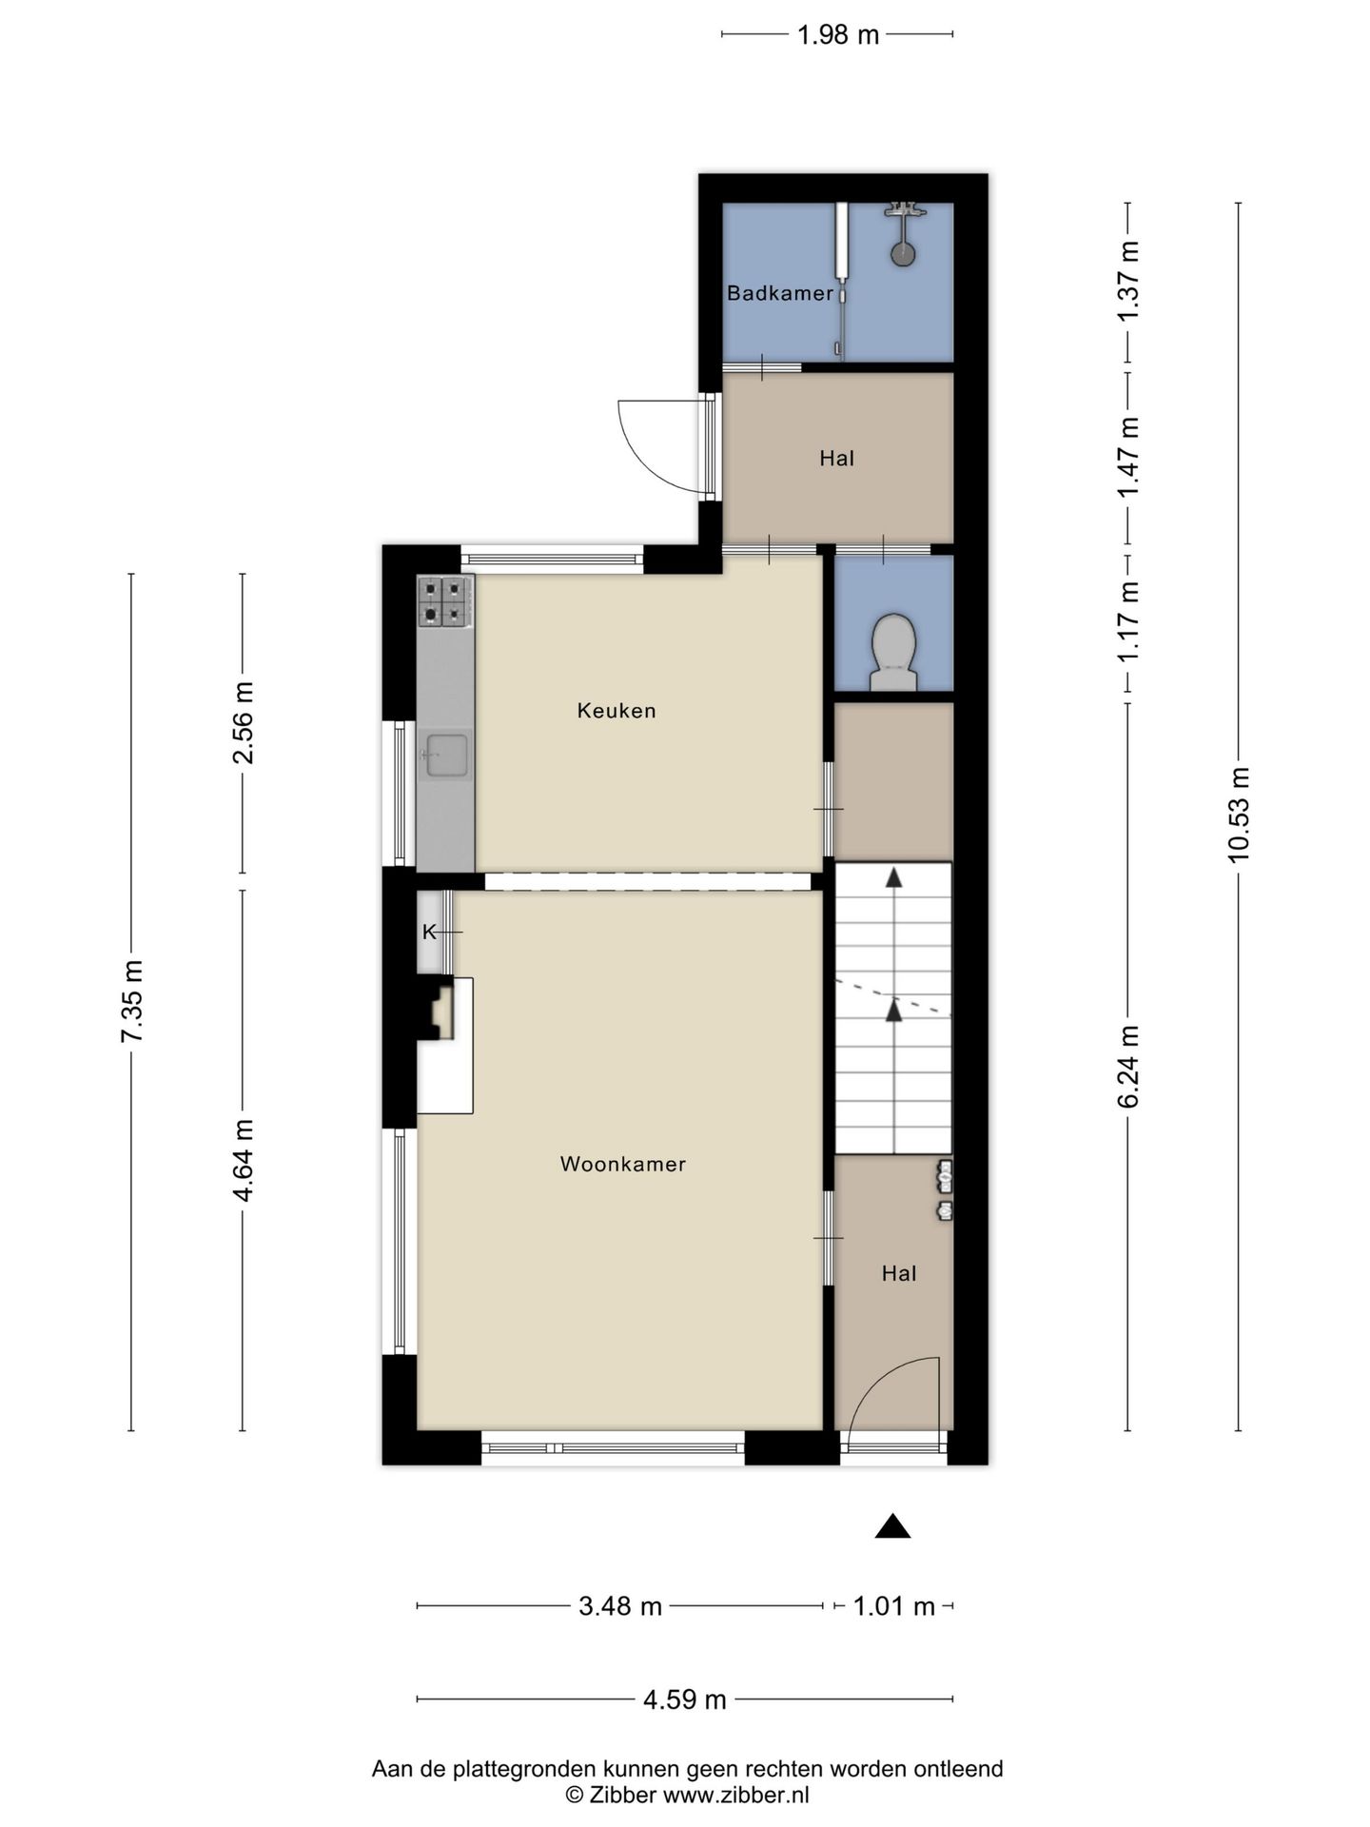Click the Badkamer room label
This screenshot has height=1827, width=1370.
779,293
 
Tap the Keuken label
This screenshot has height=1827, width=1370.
616,711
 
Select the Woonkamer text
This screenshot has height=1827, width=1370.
623,1164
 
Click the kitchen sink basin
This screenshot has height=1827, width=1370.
445,756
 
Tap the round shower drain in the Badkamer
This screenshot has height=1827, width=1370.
903,254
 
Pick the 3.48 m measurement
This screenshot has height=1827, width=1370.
620,1606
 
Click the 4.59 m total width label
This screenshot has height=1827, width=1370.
685,1699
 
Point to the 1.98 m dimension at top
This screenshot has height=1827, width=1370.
837,35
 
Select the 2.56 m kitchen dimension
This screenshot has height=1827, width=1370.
243,723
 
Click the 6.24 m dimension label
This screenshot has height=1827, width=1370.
1128,1066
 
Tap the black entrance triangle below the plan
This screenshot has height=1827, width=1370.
892,1527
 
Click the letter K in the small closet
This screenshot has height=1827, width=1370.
429,932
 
